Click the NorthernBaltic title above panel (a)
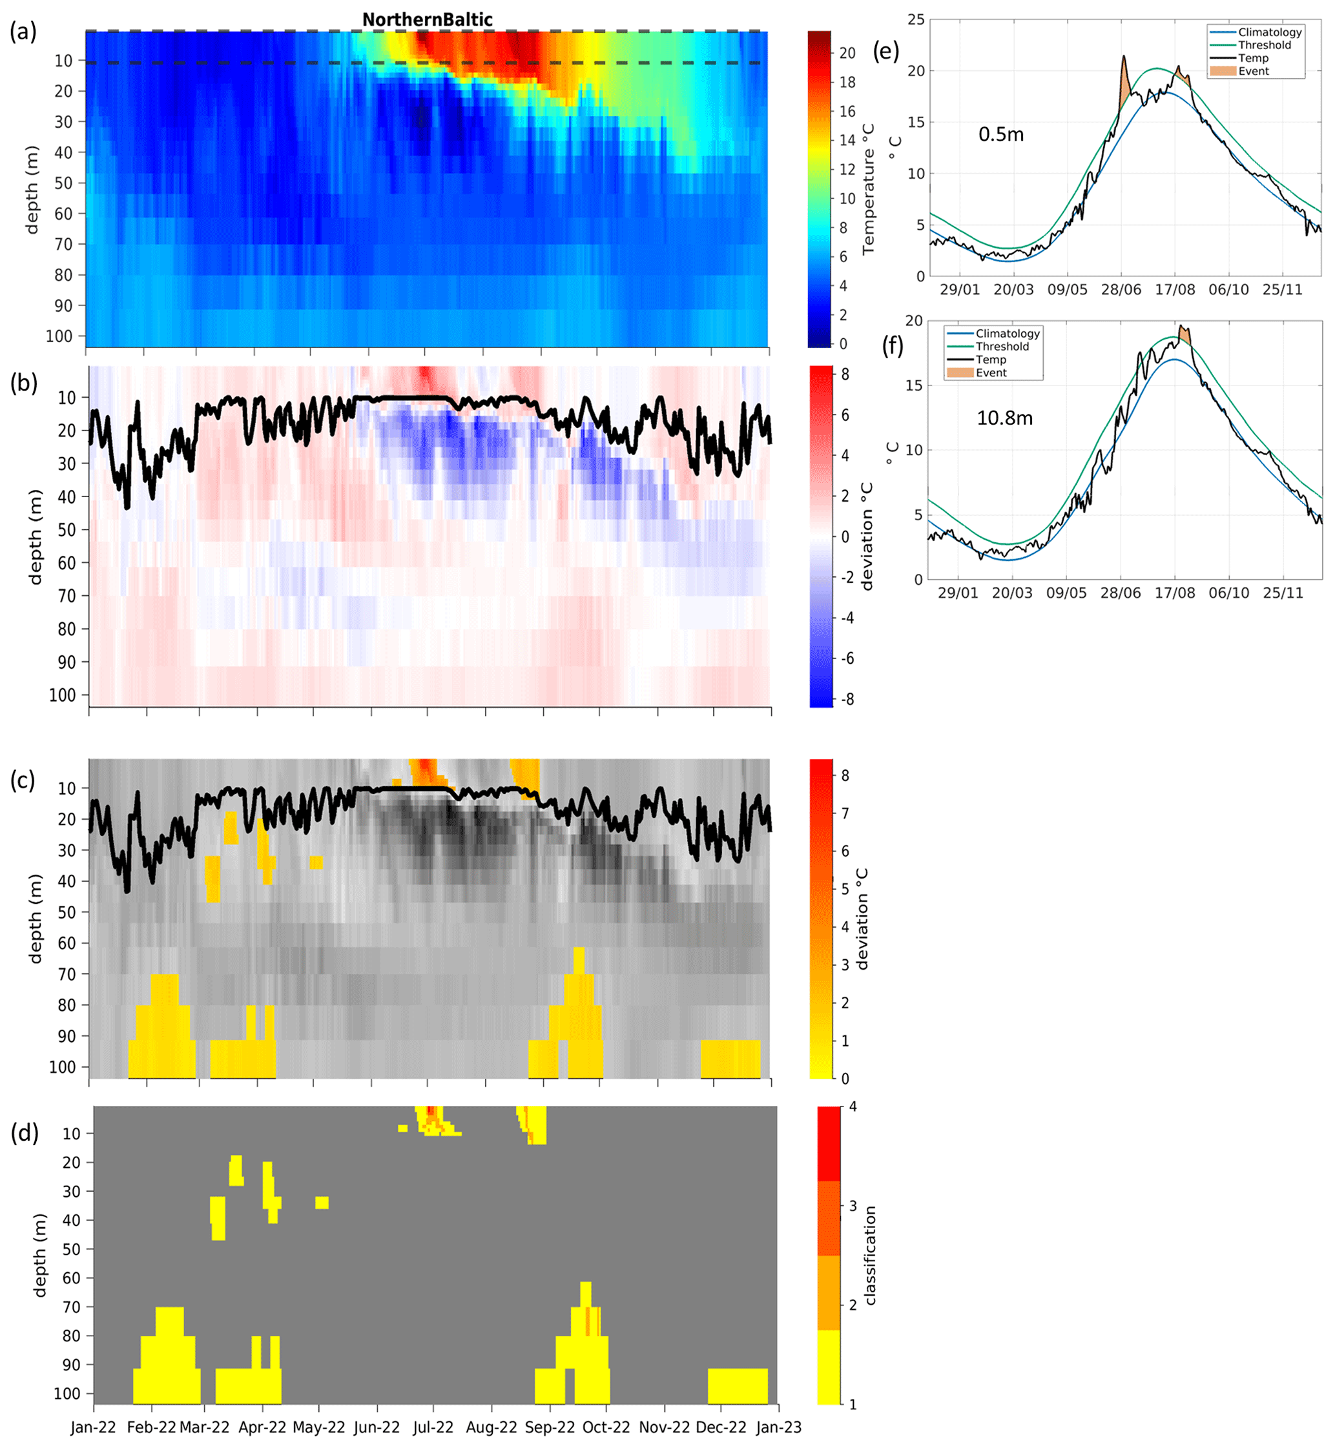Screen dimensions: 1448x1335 pyautogui.click(x=427, y=19)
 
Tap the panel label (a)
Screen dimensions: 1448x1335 pyautogui.click(x=23, y=32)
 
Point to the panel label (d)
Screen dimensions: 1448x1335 pyautogui.click(x=25, y=1133)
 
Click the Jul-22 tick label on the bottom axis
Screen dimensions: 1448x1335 pyautogui.click(x=433, y=1427)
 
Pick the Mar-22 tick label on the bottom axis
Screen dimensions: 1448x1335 pyautogui.click(x=205, y=1427)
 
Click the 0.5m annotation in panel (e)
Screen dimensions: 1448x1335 pyautogui.click(x=1000, y=134)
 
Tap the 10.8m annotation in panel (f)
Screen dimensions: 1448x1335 pyautogui.click(x=1004, y=418)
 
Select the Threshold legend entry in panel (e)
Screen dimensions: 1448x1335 pyautogui.click(x=1264, y=45)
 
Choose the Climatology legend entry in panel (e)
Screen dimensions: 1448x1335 pyautogui.click(x=1269, y=32)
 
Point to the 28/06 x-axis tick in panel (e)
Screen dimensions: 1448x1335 pyautogui.click(x=1121, y=290)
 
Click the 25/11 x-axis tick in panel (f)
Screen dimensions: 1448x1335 pyautogui.click(x=1283, y=593)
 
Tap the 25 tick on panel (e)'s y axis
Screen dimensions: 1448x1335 pyautogui.click(x=916, y=19)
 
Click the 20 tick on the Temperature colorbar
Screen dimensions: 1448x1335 pyautogui.click(x=847, y=53)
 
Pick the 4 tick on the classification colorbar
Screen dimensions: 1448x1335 pyautogui.click(x=853, y=1106)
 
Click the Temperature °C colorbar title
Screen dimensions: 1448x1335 pyautogui.click(x=868, y=189)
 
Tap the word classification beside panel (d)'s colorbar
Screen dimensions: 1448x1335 pyautogui.click(x=870, y=1254)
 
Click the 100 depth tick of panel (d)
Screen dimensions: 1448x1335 pyautogui.click(x=67, y=1393)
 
